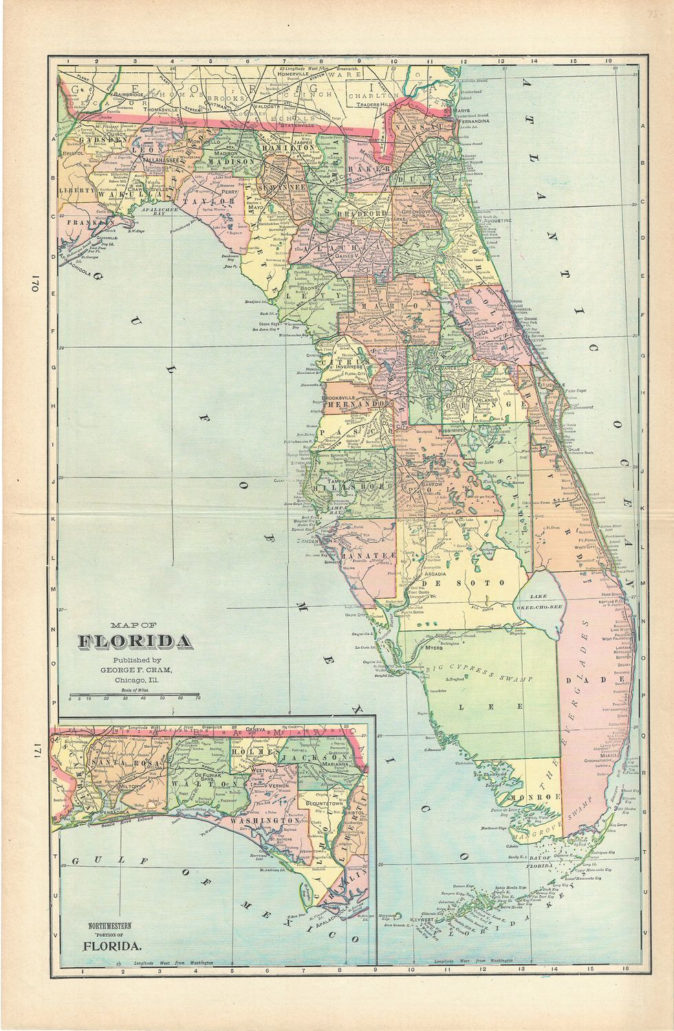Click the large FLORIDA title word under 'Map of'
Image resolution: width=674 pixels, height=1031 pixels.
(135, 642)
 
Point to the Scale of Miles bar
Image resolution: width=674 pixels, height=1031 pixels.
(135, 693)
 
